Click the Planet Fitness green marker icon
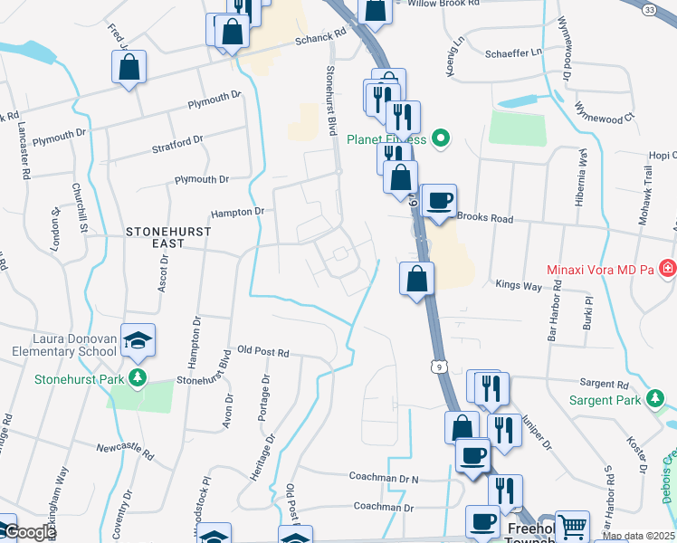pyautogui.click(x=441, y=139)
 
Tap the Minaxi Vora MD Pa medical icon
pyautogui.click(x=667, y=269)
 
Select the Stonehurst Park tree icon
pyautogui.click(x=137, y=376)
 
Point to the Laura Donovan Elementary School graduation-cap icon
pyautogui.click(x=138, y=339)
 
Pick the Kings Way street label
pyautogui.click(x=519, y=284)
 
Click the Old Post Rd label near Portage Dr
pyautogui.click(x=262, y=351)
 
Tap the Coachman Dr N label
pyautogui.click(x=384, y=476)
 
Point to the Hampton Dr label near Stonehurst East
pyautogui.click(x=236, y=212)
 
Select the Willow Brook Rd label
pyautogui.click(x=442, y=4)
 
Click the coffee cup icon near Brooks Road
pyautogui.click(x=440, y=200)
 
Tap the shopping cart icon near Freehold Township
pyautogui.click(x=572, y=526)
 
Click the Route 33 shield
pyautogui.click(x=650, y=8)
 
